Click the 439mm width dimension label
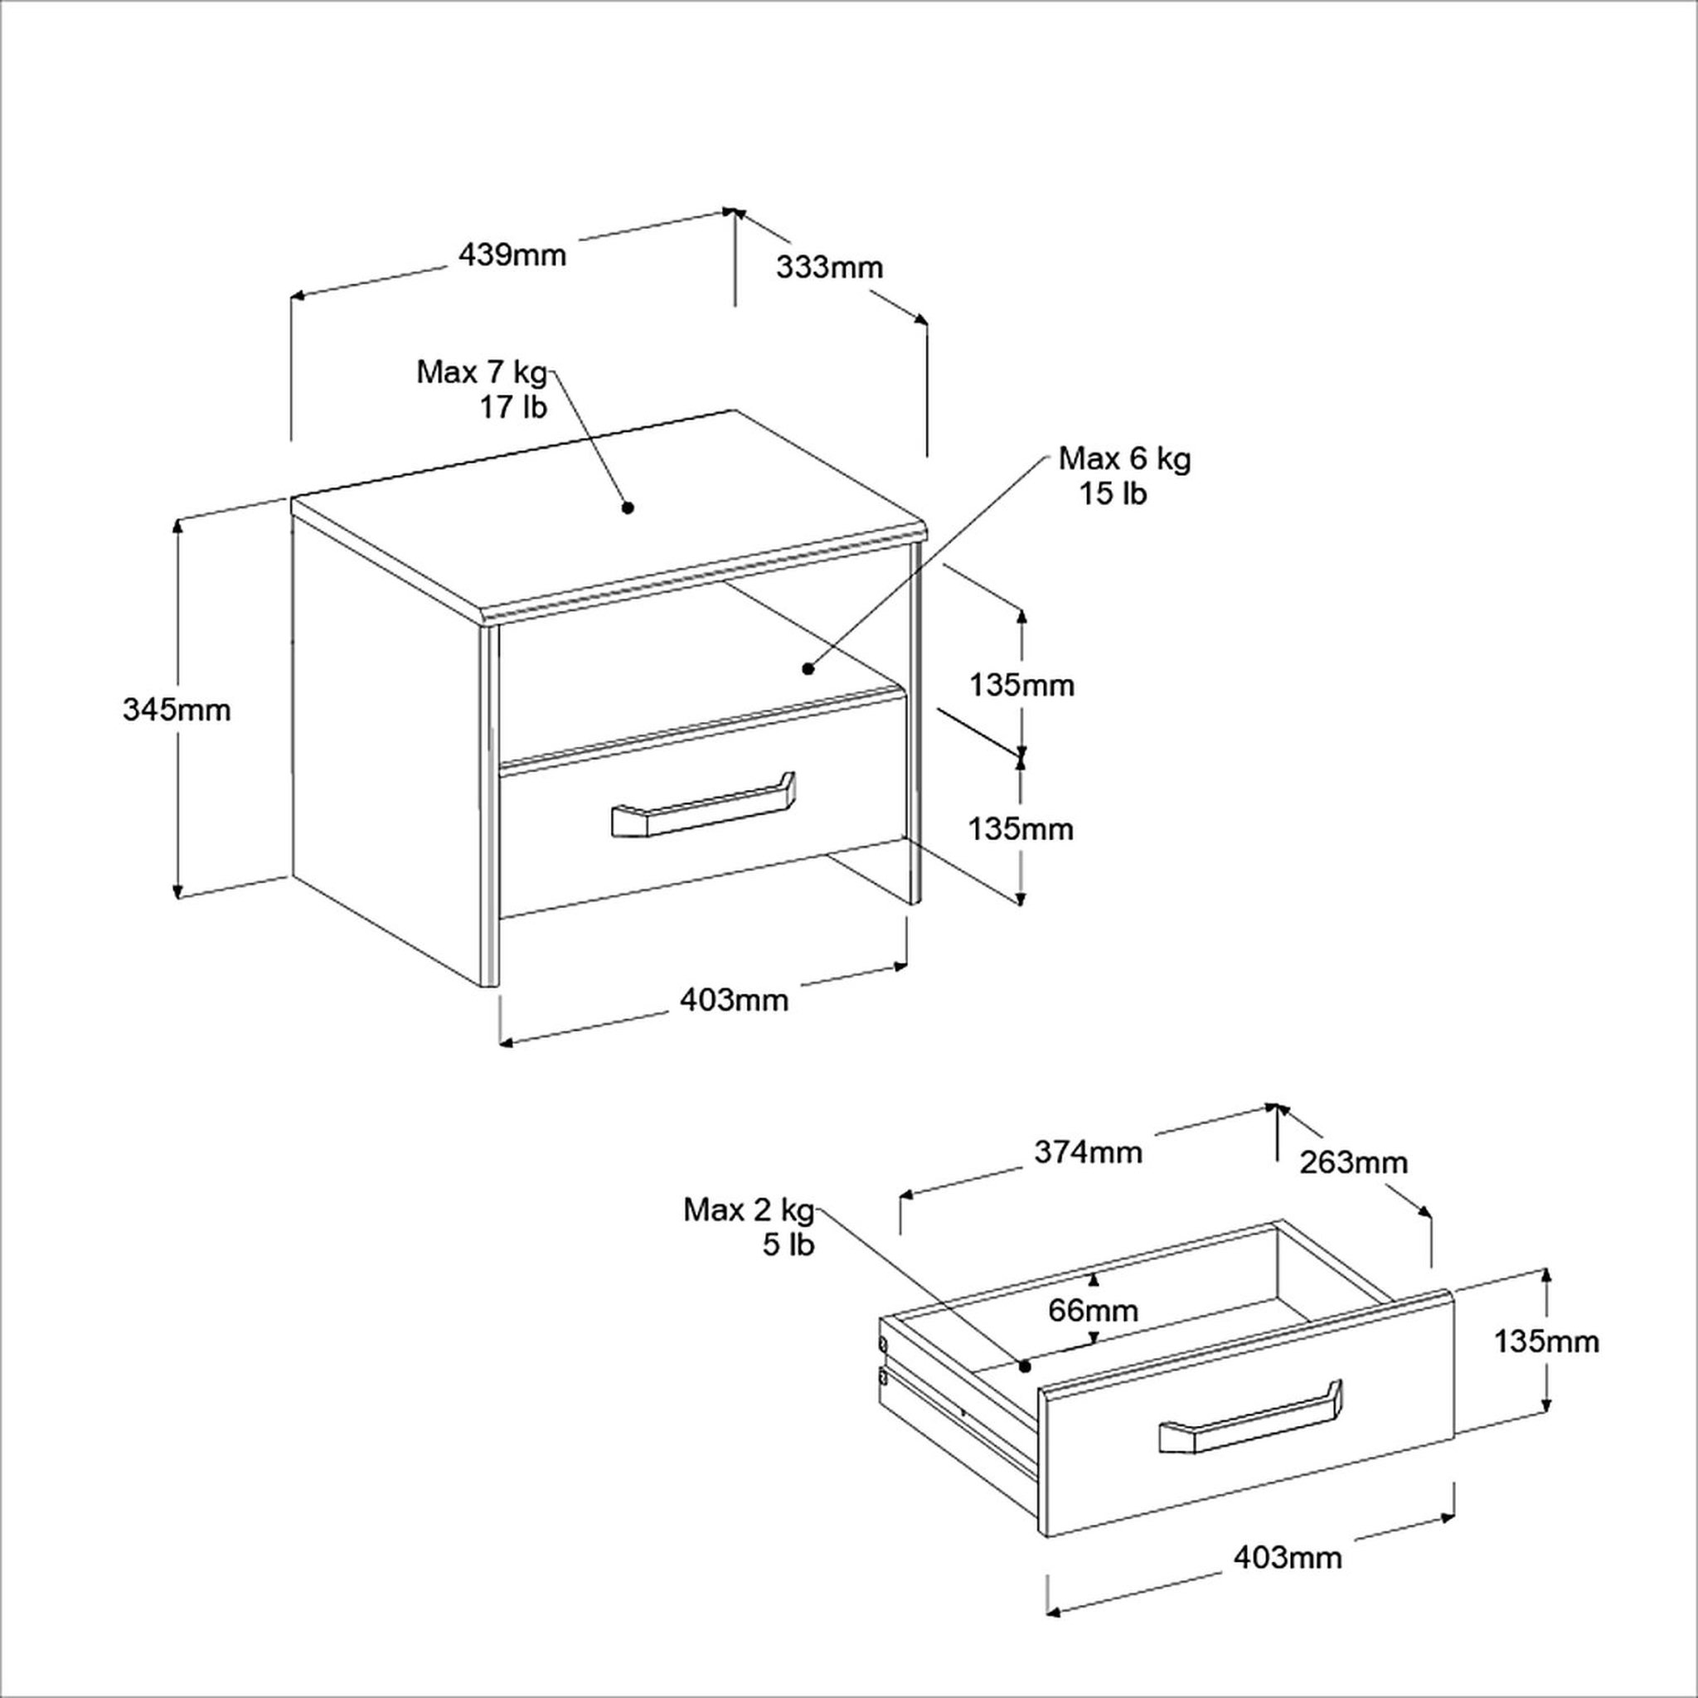click(512, 255)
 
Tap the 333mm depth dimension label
click(829, 267)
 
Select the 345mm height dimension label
click(177, 709)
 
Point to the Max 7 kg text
click(482, 372)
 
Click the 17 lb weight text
click(513, 408)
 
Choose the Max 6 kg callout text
click(1125, 458)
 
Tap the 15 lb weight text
click(1113, 494)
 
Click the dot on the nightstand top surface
click(628, 507)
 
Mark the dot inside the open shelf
click(808, 669)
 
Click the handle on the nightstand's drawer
click(702, 804)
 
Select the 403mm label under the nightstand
click(734, 999)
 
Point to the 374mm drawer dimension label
click(1088, 1152)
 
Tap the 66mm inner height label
click(1094, 1311)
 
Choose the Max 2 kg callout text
click(750, 1210)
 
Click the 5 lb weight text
click(788, 1245)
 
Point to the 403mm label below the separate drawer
click(1288, 1557)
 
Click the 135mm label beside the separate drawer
click(1547, 1341)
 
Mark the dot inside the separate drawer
click(1023, 1366)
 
